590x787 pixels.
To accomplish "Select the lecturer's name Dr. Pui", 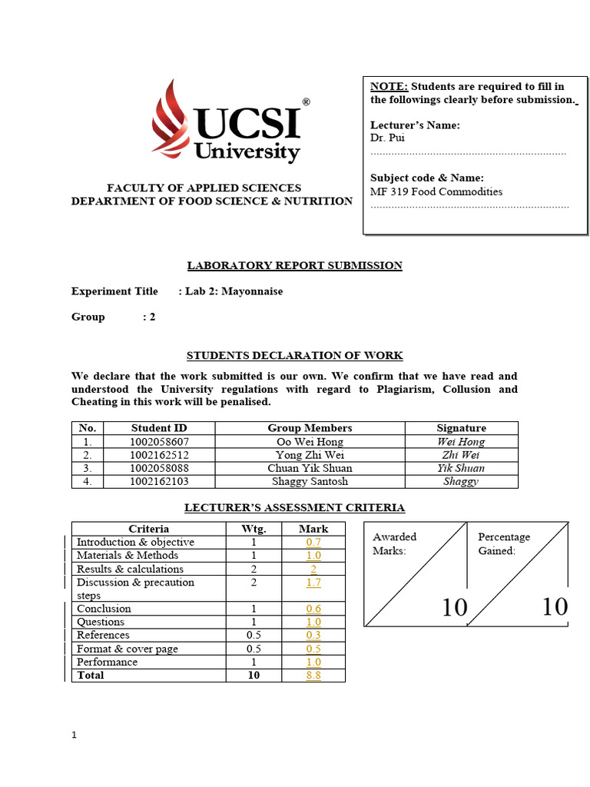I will (387, 138).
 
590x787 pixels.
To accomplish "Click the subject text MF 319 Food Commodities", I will (436, 191).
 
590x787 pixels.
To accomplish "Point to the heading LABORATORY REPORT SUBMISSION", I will (295, 265).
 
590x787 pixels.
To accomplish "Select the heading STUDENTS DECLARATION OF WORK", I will (295, 355).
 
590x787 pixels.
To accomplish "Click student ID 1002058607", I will (160, 442).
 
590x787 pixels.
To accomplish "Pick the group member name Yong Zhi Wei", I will (310, 455).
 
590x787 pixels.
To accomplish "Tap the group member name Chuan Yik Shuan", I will (310, 468).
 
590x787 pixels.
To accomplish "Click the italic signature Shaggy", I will (461, 481).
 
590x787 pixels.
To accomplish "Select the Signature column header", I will (461, 428).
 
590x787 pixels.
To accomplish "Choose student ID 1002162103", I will (160, 481).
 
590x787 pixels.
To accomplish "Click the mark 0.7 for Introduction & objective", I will (313, 543).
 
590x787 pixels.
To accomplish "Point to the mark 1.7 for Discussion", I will (313, 583).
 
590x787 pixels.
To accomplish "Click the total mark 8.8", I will (313, 676).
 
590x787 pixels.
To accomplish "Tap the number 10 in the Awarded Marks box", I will (454, 607).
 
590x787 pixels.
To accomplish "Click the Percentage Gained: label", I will (504, 543).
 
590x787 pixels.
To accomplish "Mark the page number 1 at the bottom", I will (75, 736).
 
